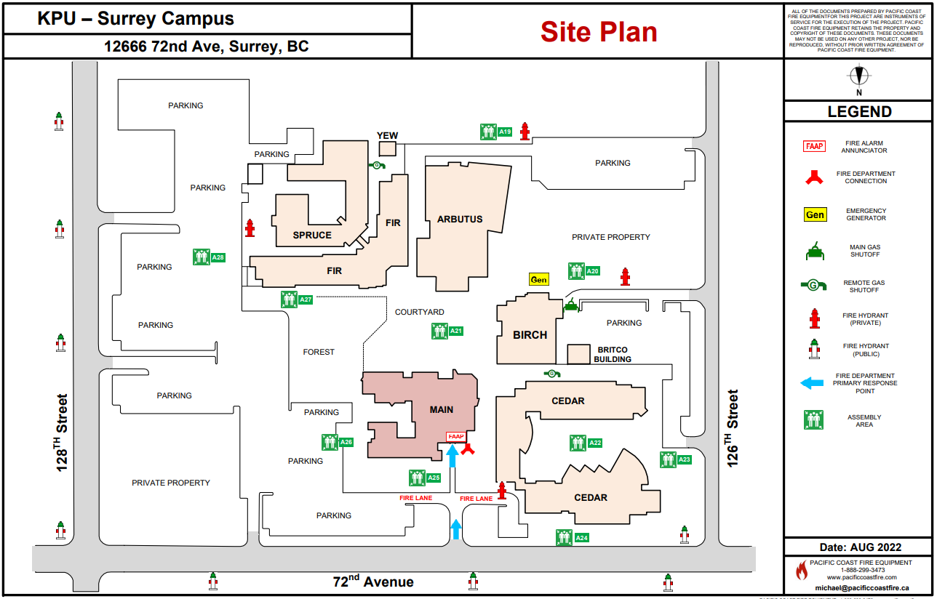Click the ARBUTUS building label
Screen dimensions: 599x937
click(460, 219)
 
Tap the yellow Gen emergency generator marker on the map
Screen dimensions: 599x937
click(538, 279)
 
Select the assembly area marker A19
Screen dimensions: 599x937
click(497, 132)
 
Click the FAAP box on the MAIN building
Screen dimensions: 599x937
click(455, 436)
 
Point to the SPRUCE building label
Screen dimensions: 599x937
click(312, 235)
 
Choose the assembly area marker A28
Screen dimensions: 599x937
click(210, 257)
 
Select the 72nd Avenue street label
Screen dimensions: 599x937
click(373, 582)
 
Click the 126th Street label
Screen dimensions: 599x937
click(733, 428)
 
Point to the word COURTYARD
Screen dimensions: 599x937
click(419, 312)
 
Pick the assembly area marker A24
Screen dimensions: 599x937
click(573, 538)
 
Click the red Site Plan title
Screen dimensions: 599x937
click(599, 32)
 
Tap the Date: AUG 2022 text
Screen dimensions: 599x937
click(859, 547)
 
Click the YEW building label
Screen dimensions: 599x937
click(387, 136)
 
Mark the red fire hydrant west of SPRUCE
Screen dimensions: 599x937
click(250, 228)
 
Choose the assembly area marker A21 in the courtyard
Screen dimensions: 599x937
click(447, 331)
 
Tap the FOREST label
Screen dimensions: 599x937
click(319, 352)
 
